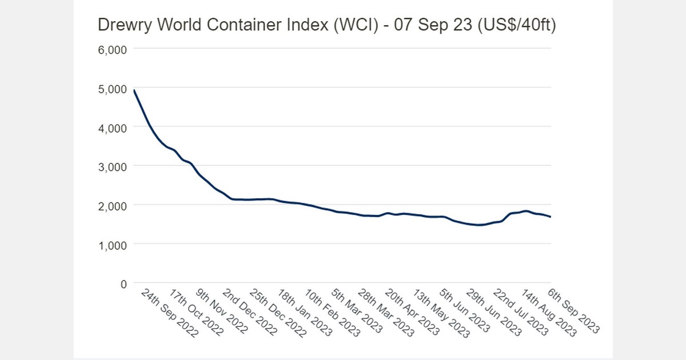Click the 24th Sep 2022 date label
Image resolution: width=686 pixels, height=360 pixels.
169,314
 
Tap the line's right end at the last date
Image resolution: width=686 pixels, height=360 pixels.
550,217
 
